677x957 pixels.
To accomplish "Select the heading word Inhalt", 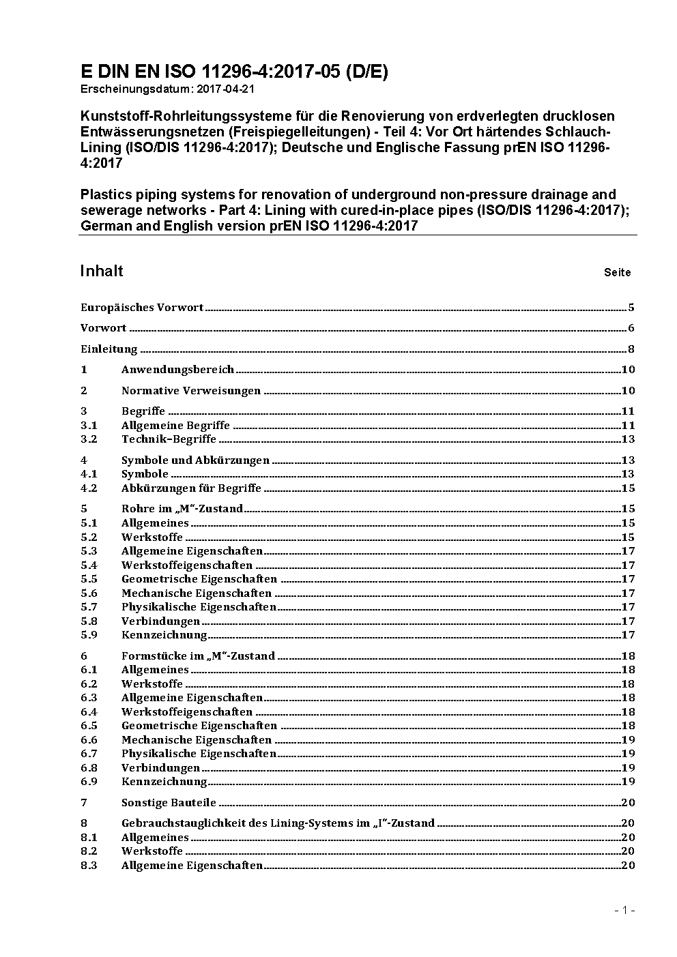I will point(102,271).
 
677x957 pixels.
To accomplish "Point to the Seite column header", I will point(617,273).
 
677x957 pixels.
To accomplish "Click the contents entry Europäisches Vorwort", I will point(142,308).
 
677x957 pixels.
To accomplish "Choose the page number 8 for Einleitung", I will point(631,349).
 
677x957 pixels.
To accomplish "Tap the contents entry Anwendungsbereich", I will point(177,370).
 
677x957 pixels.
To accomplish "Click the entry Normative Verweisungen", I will point(191,391).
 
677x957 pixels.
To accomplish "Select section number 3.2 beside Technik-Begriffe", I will point(89,439).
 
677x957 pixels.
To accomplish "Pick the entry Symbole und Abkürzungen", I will point(195,460).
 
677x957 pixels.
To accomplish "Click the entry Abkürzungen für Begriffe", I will point(191,488).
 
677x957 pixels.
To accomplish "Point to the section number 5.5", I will point(89,579).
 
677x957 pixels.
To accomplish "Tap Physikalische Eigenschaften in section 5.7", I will point(199,607).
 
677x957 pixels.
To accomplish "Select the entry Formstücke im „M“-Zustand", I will point(198,656).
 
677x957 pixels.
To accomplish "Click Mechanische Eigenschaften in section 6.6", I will point(197,740).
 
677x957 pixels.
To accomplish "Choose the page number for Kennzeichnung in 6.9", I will point(628,782).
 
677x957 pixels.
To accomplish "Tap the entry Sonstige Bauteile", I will point(169,803).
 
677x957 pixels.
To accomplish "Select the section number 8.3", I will point(89,866).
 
